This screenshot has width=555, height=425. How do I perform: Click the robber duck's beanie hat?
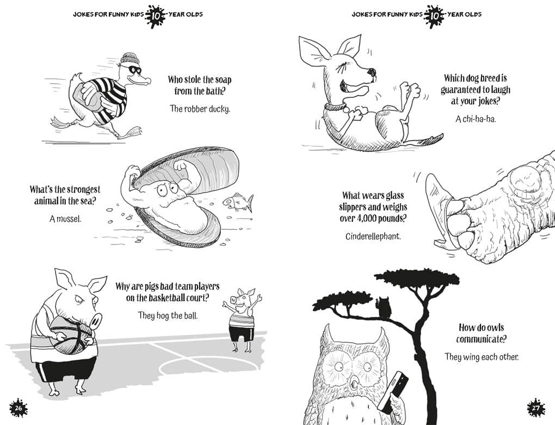130,59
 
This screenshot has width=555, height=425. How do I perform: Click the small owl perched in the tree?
384,308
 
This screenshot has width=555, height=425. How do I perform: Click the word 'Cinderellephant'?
373,236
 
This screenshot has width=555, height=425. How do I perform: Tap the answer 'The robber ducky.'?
200,109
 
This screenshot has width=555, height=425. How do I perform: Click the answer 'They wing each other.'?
481,357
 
